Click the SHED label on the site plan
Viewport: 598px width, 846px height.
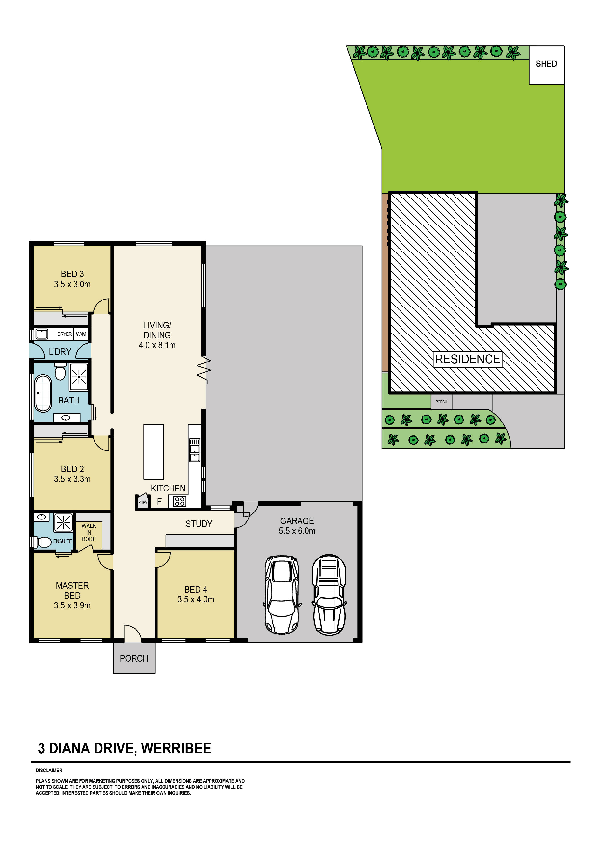coord(546,64)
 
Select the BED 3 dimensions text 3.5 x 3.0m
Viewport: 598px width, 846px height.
coord(72,284)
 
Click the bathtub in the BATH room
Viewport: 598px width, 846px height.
coord(43,393)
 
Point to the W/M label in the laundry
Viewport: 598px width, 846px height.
coord(81,334)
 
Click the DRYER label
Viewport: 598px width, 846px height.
coord(64,334)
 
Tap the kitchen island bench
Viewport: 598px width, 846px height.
coord(154,451)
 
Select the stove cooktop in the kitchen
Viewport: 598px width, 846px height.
coord(180,501)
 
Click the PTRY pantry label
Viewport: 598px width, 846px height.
coord(143,502)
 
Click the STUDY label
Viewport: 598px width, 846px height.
coord(199,524)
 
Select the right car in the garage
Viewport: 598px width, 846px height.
coord(329,594)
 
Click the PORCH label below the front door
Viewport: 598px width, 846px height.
coord(134,658)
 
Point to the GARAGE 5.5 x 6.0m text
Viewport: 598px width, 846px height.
coord(297,526)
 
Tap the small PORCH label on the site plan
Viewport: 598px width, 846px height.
coord(441,402)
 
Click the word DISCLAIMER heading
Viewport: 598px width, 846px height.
coord(49,770)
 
